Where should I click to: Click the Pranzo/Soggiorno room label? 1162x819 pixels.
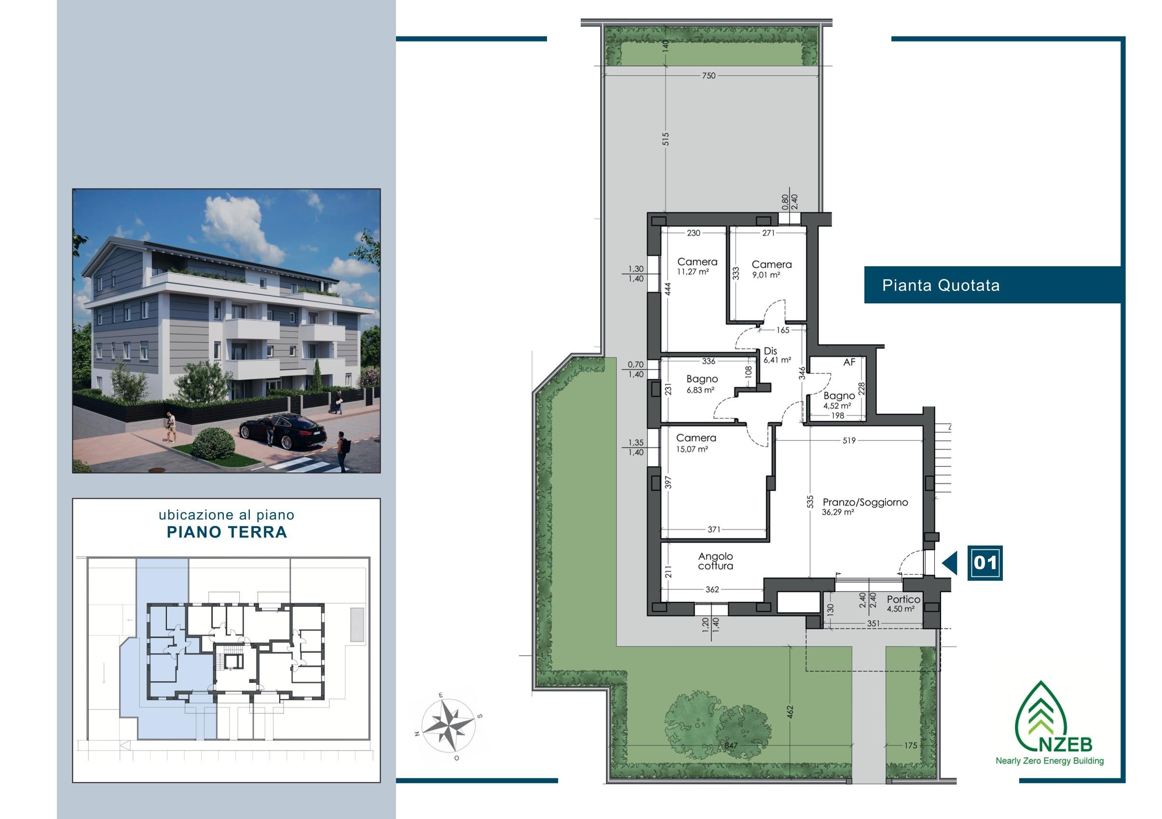click(x=865, y=502)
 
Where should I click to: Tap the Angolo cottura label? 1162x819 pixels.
click(x=715, y=561)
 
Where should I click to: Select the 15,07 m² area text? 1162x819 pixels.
click(x=691, y=449)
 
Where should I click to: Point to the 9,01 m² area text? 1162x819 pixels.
click(x=766, y=275)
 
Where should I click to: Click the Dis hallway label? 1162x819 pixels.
click(x=770, y=351)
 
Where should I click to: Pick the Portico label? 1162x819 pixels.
click(x=903, y=600)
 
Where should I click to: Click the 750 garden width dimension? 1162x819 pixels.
click(x=709, y=76)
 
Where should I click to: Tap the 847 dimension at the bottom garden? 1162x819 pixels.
click(x=731, y=746)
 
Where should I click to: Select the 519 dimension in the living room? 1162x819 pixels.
click(x=849, y=440)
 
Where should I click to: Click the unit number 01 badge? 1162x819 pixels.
click(x=985, y=563)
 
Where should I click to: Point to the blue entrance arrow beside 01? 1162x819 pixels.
click(x=950, y=563)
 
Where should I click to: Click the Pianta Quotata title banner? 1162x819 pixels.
click(x=992, y=285)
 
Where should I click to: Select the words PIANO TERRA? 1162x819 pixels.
click(x=227, y=532)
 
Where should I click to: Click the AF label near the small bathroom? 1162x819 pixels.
click(x=849, y=362)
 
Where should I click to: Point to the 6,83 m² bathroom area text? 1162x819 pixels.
click(x=700, y=390)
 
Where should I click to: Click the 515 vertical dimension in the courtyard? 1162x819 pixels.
click(x=666, y=139)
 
